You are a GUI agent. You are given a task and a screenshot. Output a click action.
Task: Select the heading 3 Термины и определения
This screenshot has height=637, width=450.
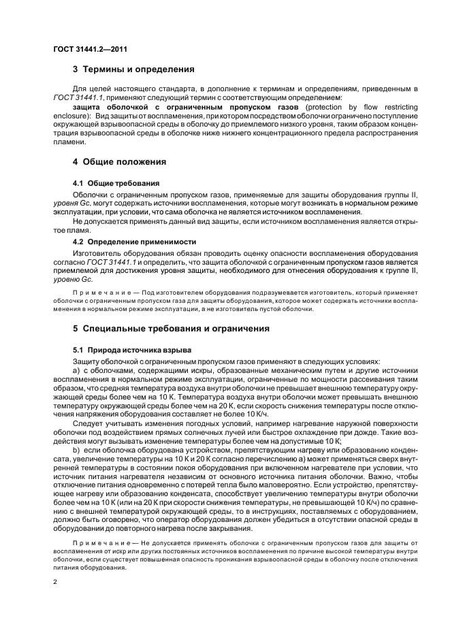point(133,69)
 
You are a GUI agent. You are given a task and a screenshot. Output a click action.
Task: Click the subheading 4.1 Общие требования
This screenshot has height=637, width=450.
point(116,184)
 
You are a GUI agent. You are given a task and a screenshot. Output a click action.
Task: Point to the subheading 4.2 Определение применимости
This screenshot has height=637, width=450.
point(134,242)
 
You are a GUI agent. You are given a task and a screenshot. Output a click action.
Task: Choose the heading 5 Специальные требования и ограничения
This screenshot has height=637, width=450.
point(171,328)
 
